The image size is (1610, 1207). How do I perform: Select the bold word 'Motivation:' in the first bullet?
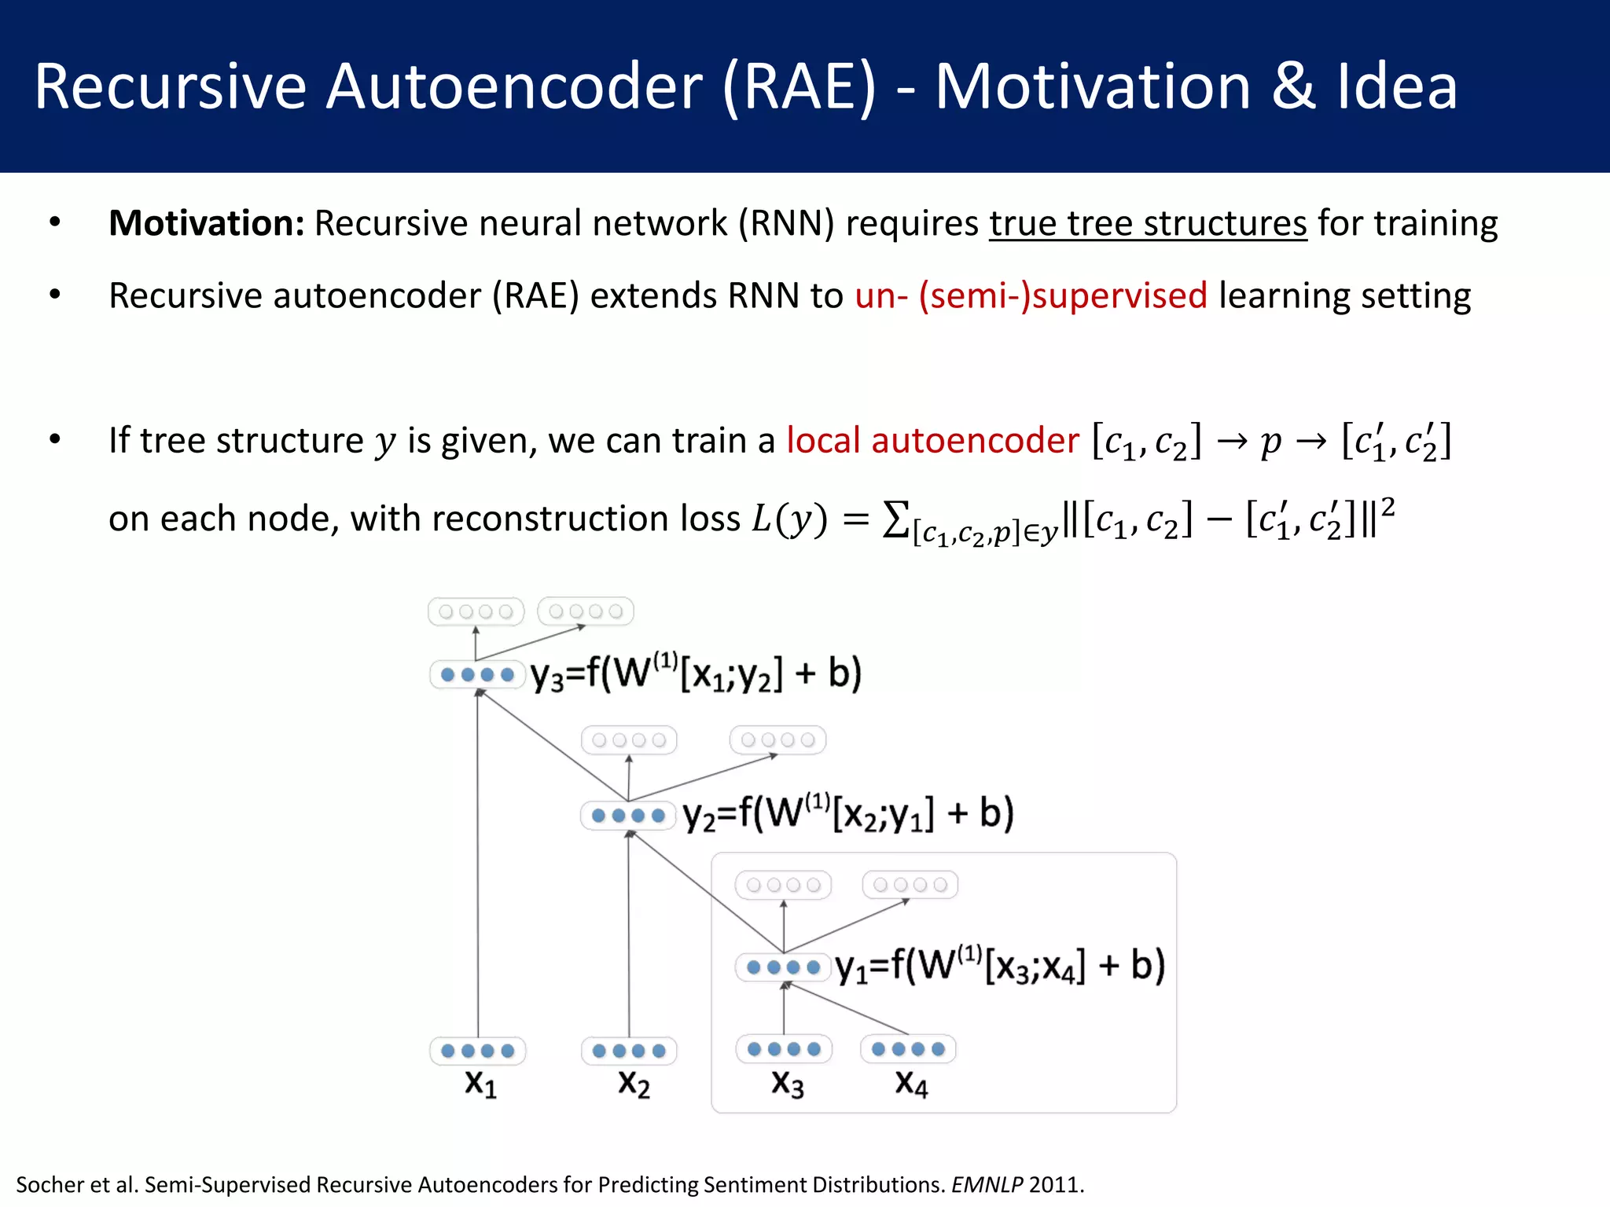click(x=206, y=223)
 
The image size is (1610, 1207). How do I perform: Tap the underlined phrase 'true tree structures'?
click(x=1148, y=223)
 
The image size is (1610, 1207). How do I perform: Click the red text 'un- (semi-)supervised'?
click(x=1031, y=296)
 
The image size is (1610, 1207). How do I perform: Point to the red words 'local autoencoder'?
click(x=932, y=440)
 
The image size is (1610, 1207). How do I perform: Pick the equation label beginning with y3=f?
click(x=696, y=674)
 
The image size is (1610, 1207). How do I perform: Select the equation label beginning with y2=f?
click(x=848, y=814)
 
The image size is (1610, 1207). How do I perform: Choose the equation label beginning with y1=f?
click(x=1000, y=967)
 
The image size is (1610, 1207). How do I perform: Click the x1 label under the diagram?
click(x=480, y=1084)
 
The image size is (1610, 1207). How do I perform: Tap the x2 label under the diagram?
click(x=634, y=1084)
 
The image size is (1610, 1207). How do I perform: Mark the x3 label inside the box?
click(x=787, y=1084)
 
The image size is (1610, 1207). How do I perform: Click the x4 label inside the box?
click(x=911, y=1084)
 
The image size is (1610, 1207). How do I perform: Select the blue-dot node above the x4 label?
click(x=908, y=1049)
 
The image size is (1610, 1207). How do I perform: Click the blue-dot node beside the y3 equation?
click(x=477, y=674)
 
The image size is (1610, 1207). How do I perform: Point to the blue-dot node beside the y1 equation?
click(x=783, y=967)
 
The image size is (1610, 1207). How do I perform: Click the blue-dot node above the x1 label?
click(x=477, y=1051)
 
